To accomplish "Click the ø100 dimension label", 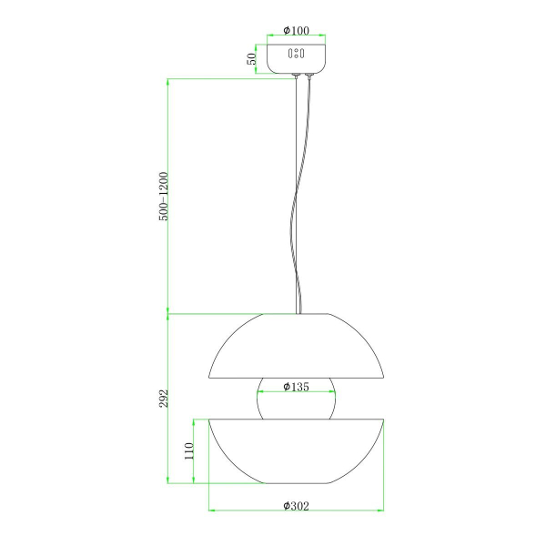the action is (x=296, y=31).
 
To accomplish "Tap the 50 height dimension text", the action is (x=251, y=58).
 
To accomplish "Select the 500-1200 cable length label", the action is (x=163, y=196).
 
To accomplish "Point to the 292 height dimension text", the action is (x=163, y=398).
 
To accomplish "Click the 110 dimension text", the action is (x=188, y=451).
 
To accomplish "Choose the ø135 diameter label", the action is (x=296, y=387).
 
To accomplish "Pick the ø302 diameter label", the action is (x=296, y=506).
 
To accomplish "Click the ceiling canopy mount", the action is (x=296, y=58).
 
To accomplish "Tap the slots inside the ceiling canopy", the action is (x=296, y=54).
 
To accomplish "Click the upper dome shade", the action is (x=296, y=346).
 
